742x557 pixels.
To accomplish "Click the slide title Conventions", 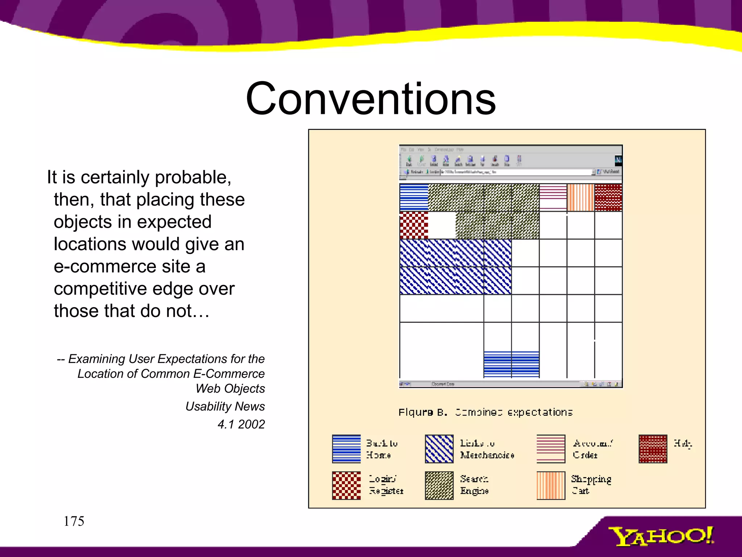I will click(x=370, y=99).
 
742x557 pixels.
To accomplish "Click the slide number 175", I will click(x=74, y=521).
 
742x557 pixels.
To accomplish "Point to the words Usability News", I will click(x=225, y=407).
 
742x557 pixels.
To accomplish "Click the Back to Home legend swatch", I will click(x=346, y=449).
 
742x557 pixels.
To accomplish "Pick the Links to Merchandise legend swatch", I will click(x=439, y=449).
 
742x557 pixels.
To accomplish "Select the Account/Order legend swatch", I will click(x=551, y=449).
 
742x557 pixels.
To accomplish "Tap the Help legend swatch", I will click(x=653, y=449).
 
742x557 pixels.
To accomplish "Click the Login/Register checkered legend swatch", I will click(x=346, y=486).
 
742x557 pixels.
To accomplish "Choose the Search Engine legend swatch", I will click(x=439, y=486).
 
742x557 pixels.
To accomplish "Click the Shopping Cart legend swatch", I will click(x=551, y=486).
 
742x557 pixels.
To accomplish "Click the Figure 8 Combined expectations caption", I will click(x=485, y=412).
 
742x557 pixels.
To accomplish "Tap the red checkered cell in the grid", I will click(x=414, y=226).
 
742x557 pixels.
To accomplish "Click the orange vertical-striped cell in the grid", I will click(x=580, y=198).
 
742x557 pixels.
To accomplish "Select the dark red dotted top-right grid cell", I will click(x=608, y=198).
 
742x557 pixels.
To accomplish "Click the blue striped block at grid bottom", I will click(x=511, y=364).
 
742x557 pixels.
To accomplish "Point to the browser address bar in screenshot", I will click(x=514, y=172).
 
